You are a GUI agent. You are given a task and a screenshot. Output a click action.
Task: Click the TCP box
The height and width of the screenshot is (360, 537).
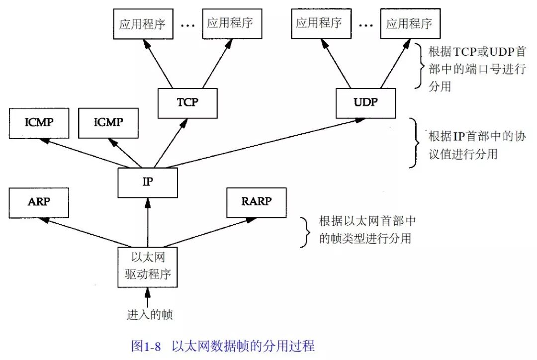point(187,103)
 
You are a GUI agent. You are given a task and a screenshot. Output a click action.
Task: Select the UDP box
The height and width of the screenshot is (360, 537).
point(366,103)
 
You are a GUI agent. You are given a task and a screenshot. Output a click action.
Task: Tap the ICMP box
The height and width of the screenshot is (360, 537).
point(39,123)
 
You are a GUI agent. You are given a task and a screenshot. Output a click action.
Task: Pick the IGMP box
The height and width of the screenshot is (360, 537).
point(108,123)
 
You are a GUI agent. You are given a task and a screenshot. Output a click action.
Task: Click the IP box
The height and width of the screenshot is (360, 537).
point(148,182)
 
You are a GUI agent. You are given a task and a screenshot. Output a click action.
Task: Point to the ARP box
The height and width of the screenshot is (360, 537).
point(39,202)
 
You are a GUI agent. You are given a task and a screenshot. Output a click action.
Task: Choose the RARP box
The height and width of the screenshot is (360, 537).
point(256,202)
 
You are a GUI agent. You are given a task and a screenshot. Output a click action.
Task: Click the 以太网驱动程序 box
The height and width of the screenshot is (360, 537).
point(148,267)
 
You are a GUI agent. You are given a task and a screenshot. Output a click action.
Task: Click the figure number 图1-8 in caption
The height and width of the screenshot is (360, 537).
point(146,346)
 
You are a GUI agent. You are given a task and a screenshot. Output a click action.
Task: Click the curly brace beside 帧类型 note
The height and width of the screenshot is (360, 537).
point(305,231)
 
